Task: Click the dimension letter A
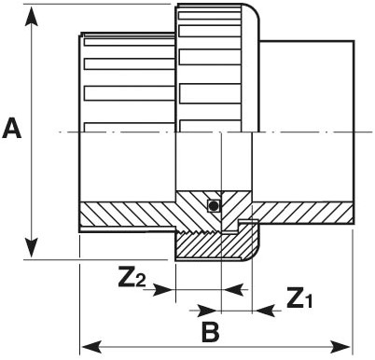click(x=12, y=128)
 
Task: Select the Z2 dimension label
click(x=133, y=277)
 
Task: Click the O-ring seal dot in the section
click(x=214, y=205)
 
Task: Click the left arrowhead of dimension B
click(x=87, y=348)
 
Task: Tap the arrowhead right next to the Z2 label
click(x=169, y=290)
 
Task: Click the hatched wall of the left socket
click(x=126, y=214)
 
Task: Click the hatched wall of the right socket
click(x=308, y=214)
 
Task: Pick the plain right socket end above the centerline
click(x=308, y=84)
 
